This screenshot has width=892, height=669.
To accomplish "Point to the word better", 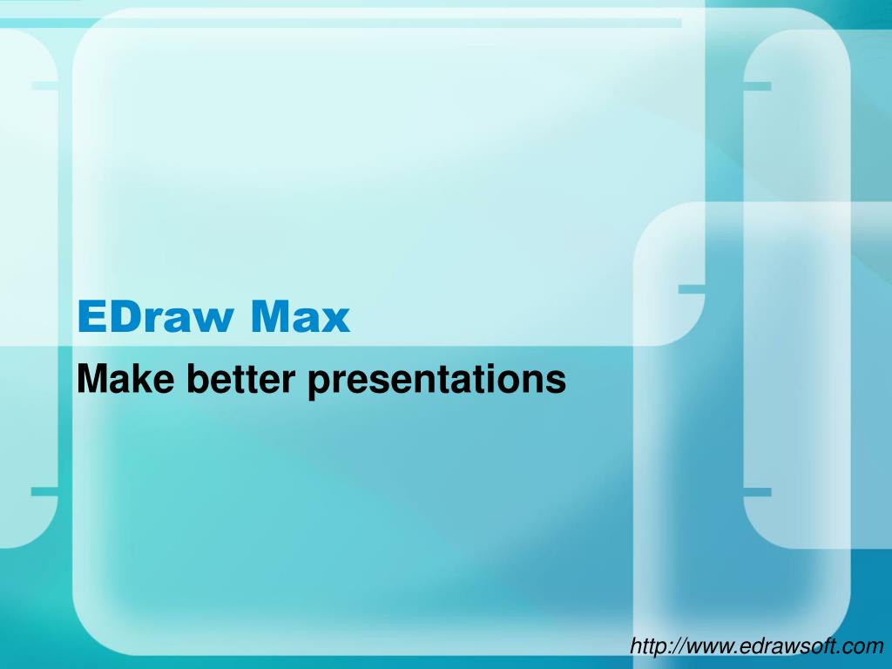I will pyautogui.click(x=231, y=379).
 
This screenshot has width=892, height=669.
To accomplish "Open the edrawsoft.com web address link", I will pyautogui.click(x=757, y=645).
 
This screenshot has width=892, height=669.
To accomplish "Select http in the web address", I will pyautogui.click(x=647, y=645).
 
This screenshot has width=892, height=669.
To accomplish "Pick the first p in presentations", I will pyautogui.click(x=318, y=382).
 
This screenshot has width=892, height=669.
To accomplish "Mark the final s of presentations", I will pyautogui.click(x=557, y=382).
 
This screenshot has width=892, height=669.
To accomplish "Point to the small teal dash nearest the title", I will pyautogui.click(x=691, y=288).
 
